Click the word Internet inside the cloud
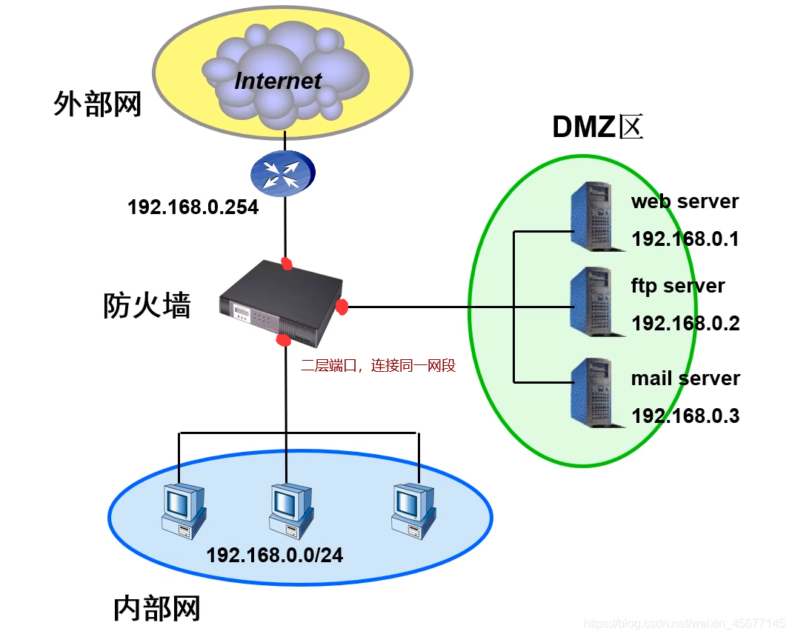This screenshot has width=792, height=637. pos(278,81)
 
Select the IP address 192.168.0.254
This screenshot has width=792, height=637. pos(193,207)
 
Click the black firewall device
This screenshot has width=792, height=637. pos(281,304)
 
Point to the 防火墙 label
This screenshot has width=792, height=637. pos(147,305)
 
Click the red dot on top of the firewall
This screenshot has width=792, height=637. pos(287,263)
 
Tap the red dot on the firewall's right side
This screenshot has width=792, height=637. pos(342,306)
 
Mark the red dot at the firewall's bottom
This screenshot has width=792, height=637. pos(282,340)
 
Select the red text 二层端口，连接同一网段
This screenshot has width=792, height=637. pos(378,365)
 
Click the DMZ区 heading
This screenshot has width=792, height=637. pos(597,128)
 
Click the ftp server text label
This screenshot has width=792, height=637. pos(677,286)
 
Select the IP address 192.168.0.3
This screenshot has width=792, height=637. pos(685,416)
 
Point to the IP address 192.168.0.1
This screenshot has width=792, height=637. pos(685,239)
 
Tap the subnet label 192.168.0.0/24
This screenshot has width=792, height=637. pos(275,555)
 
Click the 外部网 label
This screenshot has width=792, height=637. pos(97,104)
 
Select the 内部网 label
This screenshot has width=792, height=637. pos(157,608)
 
